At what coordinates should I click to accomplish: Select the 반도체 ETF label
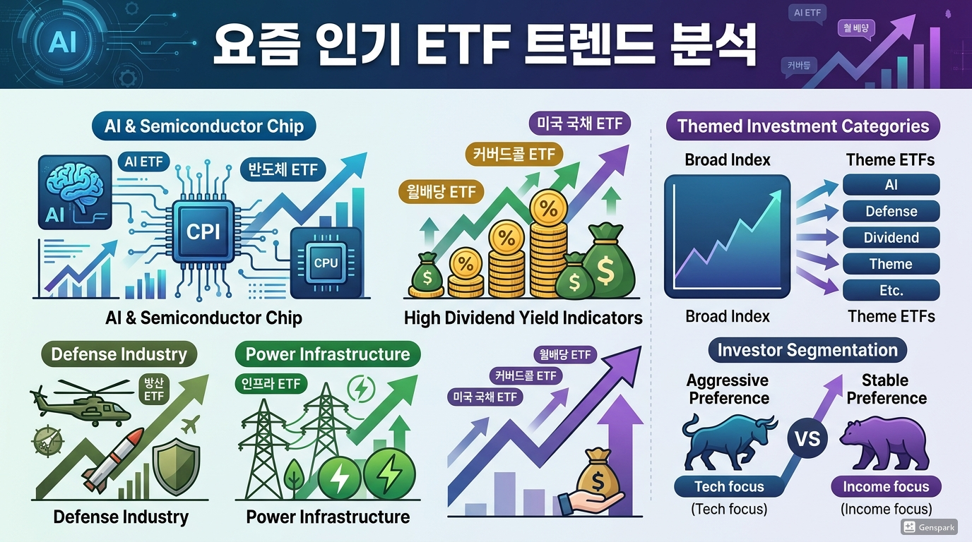[x=283, y=169]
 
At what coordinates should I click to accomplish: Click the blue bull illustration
[x=728, y=440]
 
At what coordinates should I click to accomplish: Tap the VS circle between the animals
[x=808, y=439]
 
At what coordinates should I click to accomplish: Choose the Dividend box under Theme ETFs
[x=891, y=238]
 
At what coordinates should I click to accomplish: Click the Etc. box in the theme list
[x=891, y=290]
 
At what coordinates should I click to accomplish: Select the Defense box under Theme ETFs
[x=891, y=211]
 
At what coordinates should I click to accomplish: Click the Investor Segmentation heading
[x=807, y=350]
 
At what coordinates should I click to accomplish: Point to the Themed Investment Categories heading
[x=803, y=126]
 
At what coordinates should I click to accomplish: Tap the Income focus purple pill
[x=886, y=486]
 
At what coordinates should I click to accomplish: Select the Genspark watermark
[x=929, y=527]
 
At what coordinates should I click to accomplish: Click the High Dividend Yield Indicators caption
[x=523, y=318]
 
